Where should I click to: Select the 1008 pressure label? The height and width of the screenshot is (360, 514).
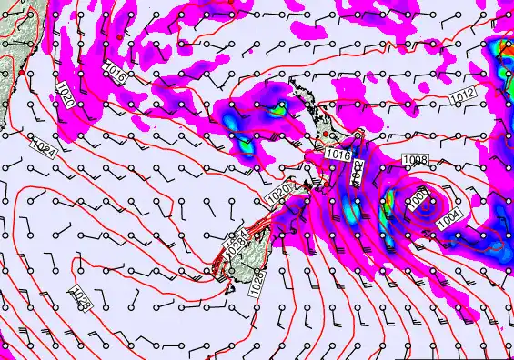tap(415, 161)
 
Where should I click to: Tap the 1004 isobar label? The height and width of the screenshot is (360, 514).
tap(449, 218)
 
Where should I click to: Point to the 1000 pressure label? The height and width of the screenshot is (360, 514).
tap(418, 196)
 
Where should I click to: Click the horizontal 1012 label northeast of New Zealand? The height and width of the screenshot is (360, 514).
tap(462, 94)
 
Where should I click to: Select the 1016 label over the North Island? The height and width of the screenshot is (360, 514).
tap(337, 155)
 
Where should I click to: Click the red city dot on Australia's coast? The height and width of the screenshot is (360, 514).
tap(19, 71)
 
